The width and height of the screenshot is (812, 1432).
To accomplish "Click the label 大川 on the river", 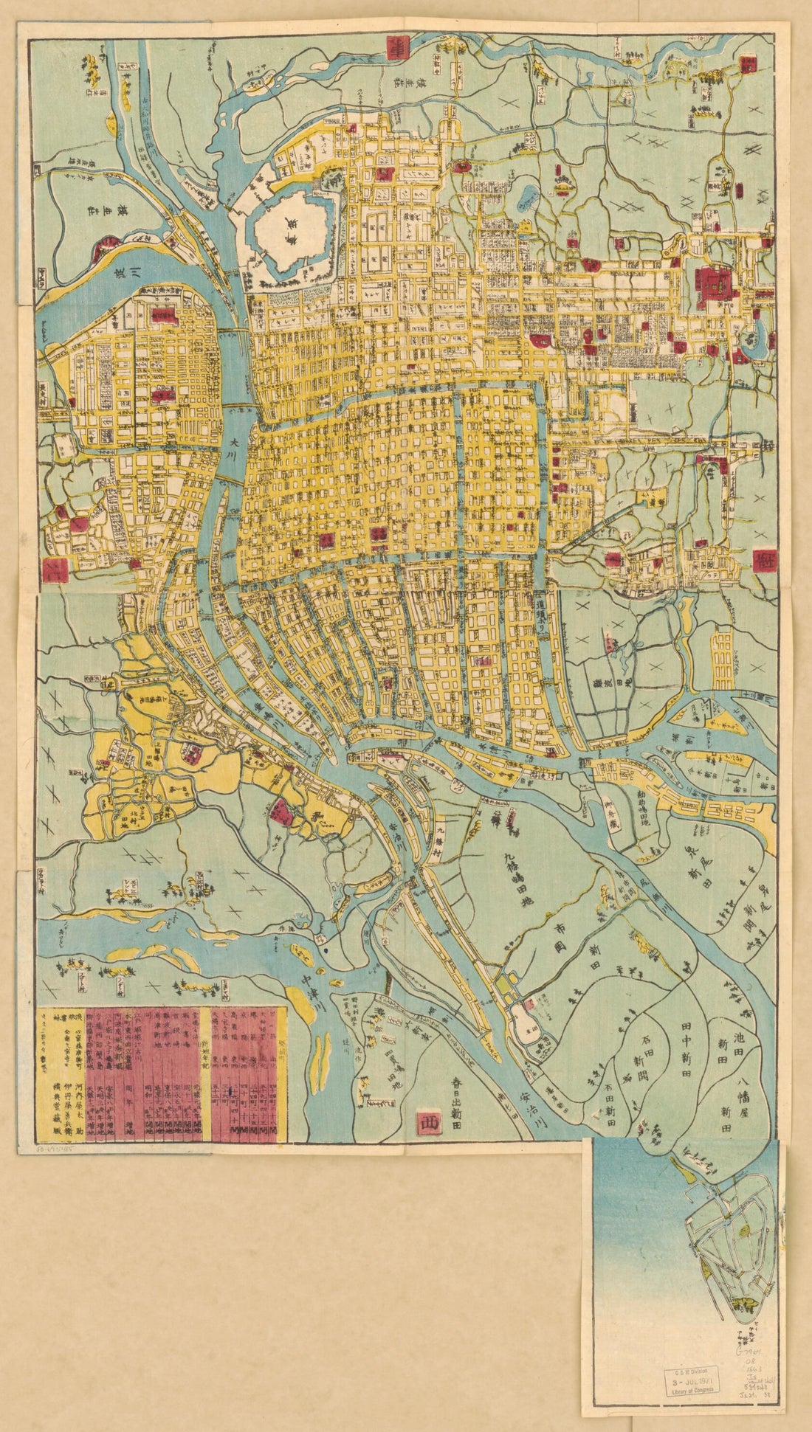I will (x=234, y=447).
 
